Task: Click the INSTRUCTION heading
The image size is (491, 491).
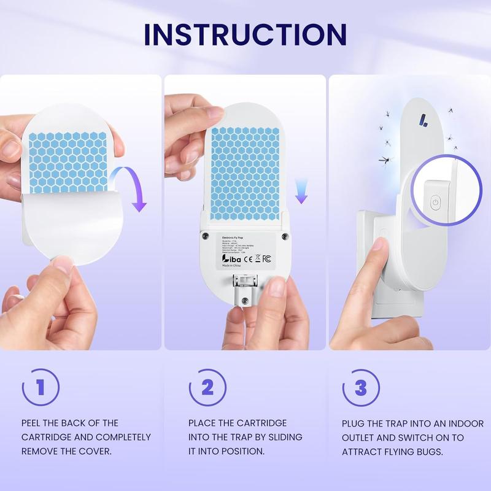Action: click(x=245, y=34)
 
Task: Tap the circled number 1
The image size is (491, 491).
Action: click(x=40, y=387)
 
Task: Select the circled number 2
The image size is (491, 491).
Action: click(x=207, y=387)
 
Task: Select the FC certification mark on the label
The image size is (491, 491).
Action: click(x=267, y=259)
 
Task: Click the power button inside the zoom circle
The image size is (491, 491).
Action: click(x=435, y=201)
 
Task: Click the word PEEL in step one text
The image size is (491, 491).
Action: click(x=32, y=423)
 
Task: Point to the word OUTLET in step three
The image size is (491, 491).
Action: click(x=361, y=438)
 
